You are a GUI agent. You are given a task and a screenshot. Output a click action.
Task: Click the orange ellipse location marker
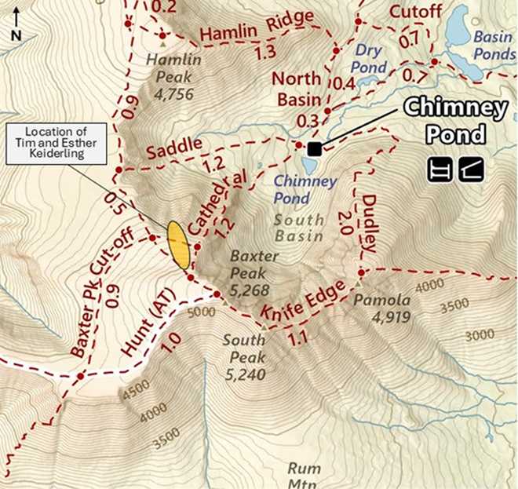point(178,245)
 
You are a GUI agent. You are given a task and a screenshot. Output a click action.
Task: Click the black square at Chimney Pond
point(315,148)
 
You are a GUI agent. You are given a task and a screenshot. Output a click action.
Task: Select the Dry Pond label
point(369,60)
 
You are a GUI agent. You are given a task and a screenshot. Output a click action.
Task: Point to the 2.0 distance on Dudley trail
point(344,217)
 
